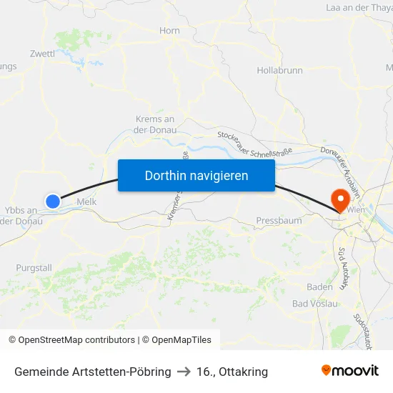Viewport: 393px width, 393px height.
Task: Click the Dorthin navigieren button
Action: point(196,175)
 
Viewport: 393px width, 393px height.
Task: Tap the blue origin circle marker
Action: point(53,202)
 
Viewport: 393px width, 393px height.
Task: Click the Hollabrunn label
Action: point(279,71)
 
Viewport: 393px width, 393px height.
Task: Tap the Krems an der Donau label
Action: point(154,124)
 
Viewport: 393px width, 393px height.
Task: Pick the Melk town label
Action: point(86,202)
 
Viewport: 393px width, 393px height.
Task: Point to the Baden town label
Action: point(319,287)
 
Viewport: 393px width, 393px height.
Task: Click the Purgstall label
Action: point(34,267)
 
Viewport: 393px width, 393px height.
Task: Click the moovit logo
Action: point(350,370)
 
